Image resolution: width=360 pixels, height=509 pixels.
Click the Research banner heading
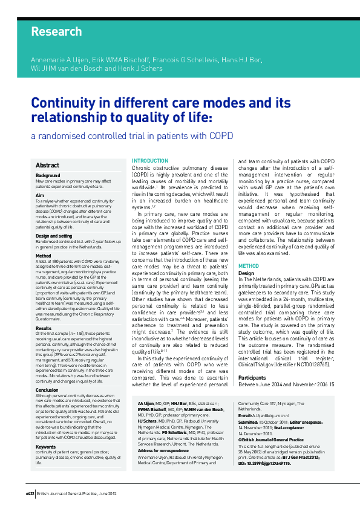(x=56, y=31)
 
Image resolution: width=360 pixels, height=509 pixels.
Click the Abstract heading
(x=48, y=165)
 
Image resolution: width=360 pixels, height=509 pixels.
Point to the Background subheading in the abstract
(x=48, y=175)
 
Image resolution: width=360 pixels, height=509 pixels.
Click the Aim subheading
(x=40, y=195)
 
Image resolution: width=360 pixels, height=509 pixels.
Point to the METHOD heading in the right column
(x=248, y=266)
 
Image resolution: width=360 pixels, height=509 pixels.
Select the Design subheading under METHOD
(x=246, y=273)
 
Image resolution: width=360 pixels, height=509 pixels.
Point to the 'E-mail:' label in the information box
(x=246, y=433)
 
